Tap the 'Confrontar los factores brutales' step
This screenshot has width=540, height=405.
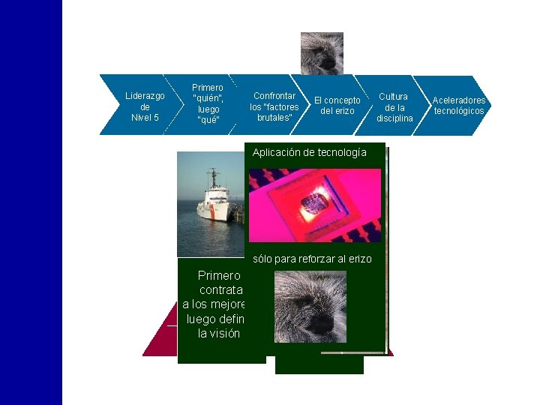(272, 106)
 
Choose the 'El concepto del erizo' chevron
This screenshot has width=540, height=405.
(336, 106)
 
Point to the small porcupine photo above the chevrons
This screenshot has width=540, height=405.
(322, 52)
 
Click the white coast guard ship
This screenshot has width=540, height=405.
(214, 205)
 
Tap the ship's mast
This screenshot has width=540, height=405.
(214, 178)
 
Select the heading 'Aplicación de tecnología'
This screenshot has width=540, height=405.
(309, 152)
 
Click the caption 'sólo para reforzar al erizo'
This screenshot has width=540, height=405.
(312, 259)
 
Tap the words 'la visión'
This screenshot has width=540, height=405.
(218, 333)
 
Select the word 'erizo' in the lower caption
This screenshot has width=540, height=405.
(358, 259)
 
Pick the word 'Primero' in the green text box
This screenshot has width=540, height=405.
(218, 275)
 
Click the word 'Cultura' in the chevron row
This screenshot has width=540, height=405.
(393, 97)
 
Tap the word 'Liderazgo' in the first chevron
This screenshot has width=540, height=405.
(145, 96)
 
